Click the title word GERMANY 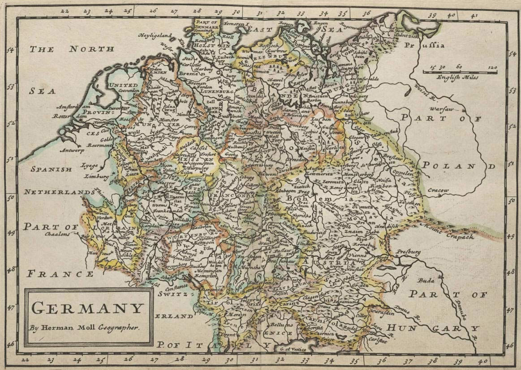pyautogui.click(x=88, y=308)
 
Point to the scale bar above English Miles pyautogui.click(x=460, y=72)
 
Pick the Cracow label pyautogui.click(x=438, y=191)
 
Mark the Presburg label pyautogui.click(x=407, y=252)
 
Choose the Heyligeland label pyautogui.click(x=156, y=35)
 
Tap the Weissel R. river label pyautogui.click(x=422, y=91)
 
